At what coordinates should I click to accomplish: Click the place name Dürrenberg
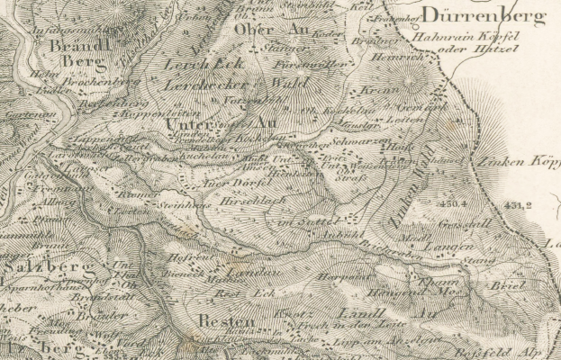coord(495,15)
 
